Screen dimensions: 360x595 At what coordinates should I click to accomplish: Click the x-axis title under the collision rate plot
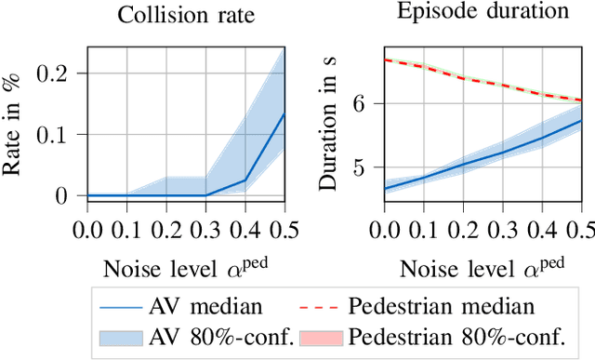pyautogui.click(x=185, y=269)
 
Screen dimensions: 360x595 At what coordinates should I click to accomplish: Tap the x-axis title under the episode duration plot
pyautogui.click(x=483, y=269)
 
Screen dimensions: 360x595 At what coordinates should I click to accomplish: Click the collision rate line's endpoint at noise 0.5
pyautogui.click(x=283, y=114)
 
